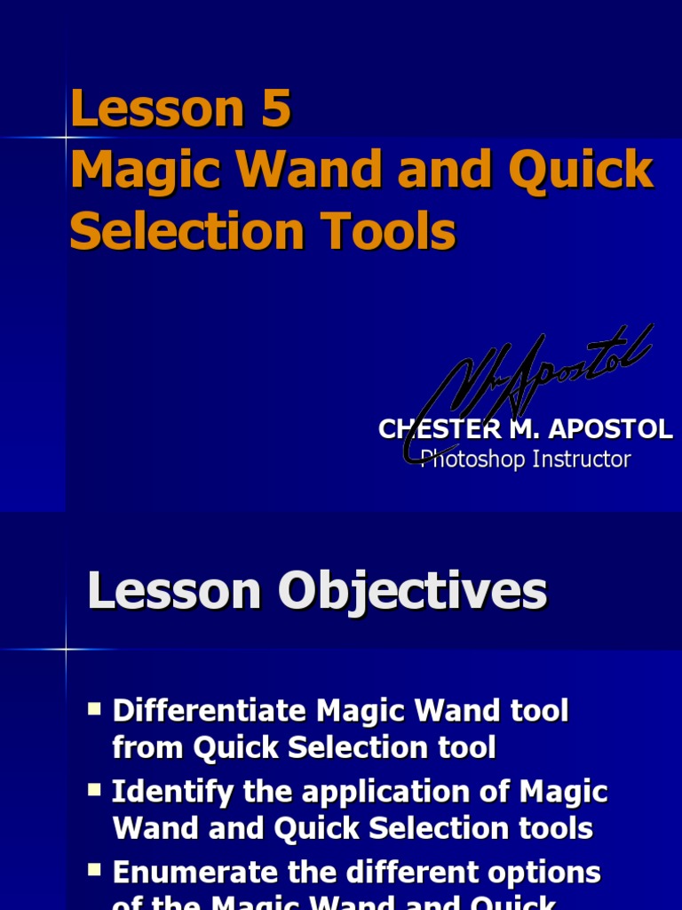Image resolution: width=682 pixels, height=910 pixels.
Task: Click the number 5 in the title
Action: tap(275, 110)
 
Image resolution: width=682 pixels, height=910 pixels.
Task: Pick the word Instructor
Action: tap(581, 459)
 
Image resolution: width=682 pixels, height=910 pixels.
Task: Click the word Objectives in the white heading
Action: tap(413, 592)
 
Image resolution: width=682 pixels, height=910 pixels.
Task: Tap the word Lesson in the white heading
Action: tap(174, 592)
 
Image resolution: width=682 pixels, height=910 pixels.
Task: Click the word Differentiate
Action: tap(210, 711)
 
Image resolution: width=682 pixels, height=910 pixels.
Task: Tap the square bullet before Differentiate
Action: tap(95, 709)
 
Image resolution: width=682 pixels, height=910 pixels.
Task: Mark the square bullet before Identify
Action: tap(95, 790)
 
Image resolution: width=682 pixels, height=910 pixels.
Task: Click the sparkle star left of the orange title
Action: tap(66, 138)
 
